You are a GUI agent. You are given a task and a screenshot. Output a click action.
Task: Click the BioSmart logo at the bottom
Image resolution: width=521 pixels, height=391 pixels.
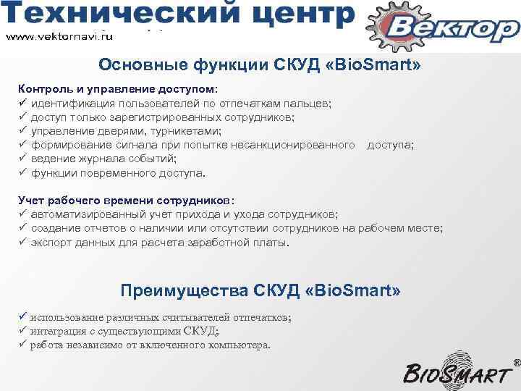pos(463,371)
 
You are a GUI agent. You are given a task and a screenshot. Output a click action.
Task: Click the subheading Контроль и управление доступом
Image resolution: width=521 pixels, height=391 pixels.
pos(117,89)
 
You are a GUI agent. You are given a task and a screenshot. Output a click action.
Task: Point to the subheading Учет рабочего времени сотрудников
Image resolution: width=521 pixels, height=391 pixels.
pos(126,201)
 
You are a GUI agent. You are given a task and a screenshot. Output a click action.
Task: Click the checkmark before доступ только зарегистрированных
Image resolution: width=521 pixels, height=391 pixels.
pos(22,117)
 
